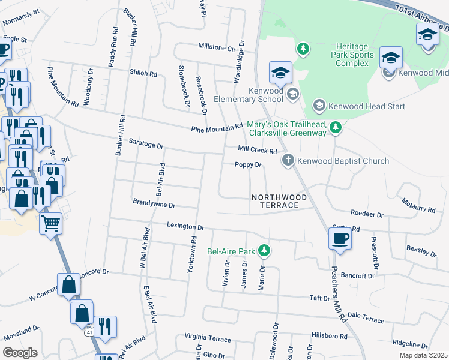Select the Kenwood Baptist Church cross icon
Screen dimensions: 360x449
[288, 160]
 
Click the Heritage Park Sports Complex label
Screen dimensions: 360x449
[355, 55]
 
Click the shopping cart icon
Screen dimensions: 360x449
[51, 223]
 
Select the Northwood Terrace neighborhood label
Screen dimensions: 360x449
[279, 201]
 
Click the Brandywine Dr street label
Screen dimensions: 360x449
[154, 205]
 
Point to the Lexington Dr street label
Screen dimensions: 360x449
[185, 227]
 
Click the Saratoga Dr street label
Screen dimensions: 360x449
[146, 143]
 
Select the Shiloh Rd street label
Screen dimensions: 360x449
[143, 73]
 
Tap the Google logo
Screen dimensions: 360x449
[20, 352]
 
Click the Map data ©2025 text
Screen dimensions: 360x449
[423, 355]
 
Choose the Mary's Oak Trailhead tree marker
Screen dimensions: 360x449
[336, 127]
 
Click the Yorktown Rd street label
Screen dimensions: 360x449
[193, 254]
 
